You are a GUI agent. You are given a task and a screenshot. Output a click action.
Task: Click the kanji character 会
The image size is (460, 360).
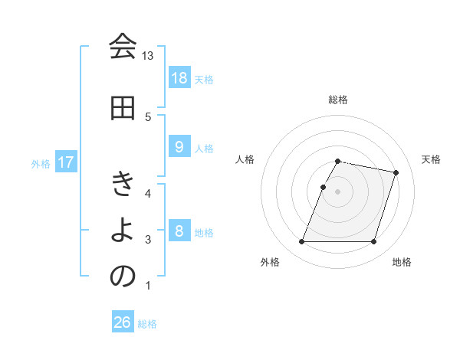[x=123, y=47]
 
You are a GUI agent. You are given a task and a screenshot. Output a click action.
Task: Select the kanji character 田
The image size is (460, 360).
[x=123, y=108]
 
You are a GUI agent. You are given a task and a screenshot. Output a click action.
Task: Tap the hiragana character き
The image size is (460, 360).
[x=123, y=185]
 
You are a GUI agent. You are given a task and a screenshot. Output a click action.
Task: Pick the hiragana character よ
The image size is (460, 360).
[x=123, y=231]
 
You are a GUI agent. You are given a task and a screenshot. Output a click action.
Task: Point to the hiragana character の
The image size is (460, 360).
[x=123, y=277]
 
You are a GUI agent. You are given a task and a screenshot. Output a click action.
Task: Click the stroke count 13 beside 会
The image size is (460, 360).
[x=148, y=56]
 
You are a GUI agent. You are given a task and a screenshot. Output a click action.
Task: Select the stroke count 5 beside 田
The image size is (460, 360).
[x=148, y=116]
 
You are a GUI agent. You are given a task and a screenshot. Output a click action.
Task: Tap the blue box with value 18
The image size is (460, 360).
[x=179, y=78]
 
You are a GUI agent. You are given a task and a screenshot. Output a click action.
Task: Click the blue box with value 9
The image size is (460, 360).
[x=179, y=148]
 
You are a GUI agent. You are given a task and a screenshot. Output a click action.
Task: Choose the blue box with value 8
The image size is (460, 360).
[x=179, y=231]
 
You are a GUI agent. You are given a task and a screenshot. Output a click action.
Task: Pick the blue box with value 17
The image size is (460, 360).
[x=65, y=163]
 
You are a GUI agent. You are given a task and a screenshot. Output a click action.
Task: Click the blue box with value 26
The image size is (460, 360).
[x=123, y=322]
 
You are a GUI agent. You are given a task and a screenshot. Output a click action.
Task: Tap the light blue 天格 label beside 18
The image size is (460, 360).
[x=204, y=79]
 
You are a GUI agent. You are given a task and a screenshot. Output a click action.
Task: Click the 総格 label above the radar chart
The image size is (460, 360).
[x=338, y=100]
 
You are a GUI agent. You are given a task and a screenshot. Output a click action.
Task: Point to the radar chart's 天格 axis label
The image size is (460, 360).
[x=432, y=159]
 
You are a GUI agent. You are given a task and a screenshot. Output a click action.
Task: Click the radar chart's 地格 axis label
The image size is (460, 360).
[x=402, y=263]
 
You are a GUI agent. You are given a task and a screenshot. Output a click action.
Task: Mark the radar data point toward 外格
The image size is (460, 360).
[x=302, y=242]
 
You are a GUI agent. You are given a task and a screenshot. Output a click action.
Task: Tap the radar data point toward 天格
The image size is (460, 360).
[x=396, y=173]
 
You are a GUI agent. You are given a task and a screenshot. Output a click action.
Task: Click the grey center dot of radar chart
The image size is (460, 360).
[x=338, y=191]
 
